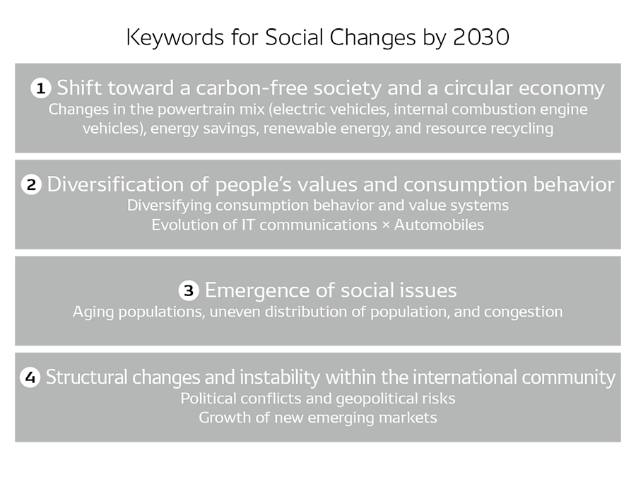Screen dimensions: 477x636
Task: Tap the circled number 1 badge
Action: point(41,88)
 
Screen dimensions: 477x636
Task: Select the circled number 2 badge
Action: point(31,185)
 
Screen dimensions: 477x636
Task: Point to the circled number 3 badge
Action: point(188,290)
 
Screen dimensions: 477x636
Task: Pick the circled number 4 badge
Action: point(30,377)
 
